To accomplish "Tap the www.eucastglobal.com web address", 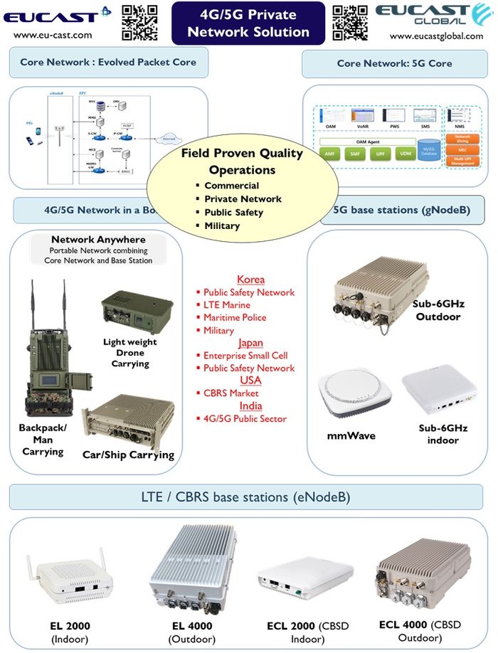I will pos(436,36).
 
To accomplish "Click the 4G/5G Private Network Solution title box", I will pos(248,23).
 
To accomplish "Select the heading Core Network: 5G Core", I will pos(394,63).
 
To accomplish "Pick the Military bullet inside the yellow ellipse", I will pos(221,225).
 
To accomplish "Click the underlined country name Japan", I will pos(250,343).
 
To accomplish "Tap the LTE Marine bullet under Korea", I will pos(227,305).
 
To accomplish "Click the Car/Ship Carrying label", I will pos(128,455).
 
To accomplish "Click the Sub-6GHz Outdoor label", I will pos(438,309).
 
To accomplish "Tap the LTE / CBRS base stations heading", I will pos(245,497).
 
